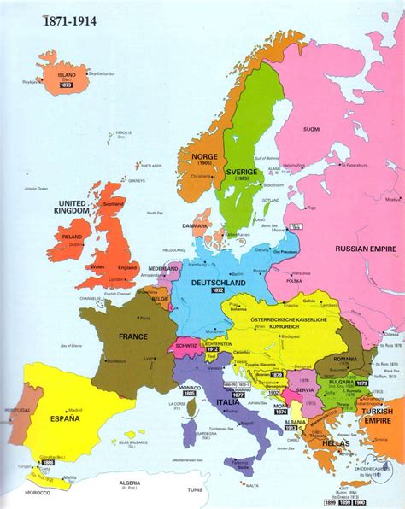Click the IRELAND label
(x=72, y=235)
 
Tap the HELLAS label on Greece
(x=320, y=443)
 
